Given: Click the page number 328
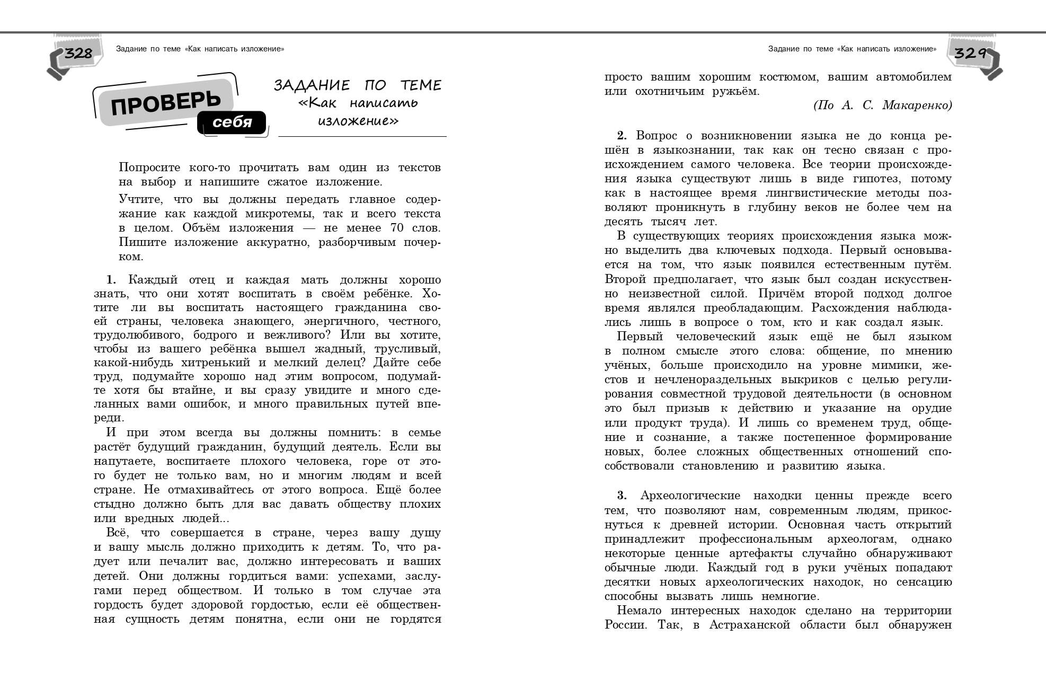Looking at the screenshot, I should click(x=78, y=53).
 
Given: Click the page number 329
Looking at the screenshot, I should click(x=970, y=53).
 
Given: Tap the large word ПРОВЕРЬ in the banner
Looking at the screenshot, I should click(x=165, y=102).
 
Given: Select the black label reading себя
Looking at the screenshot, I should click(x=232, y=122).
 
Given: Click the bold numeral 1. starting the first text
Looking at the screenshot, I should click(x=111, y=280).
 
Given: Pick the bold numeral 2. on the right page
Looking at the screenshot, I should click(x=622, y=136).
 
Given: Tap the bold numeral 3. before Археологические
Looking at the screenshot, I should click(x=622, y=496).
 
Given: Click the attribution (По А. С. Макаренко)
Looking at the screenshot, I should click(x=882, y=105).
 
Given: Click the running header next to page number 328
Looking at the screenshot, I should click(x=200, y=49).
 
